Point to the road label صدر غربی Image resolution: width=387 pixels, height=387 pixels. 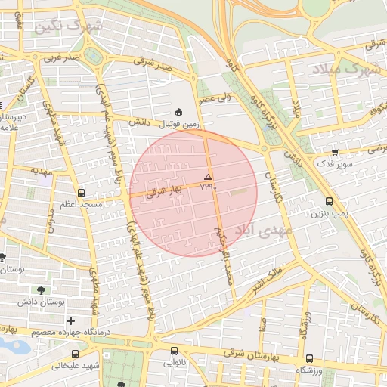click(60, 57)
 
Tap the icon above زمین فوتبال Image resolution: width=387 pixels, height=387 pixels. click(178, 110)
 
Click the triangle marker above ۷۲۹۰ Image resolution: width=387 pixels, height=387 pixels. click(209, 176)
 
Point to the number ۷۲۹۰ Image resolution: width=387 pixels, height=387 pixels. click(209, 187)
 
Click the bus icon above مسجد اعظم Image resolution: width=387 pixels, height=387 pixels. click(81, 193)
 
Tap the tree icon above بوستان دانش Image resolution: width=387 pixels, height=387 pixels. click(40, 289)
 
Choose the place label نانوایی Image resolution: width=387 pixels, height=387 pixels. click(175, 363)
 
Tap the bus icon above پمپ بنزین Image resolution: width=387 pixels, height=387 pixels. click(329, 201)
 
